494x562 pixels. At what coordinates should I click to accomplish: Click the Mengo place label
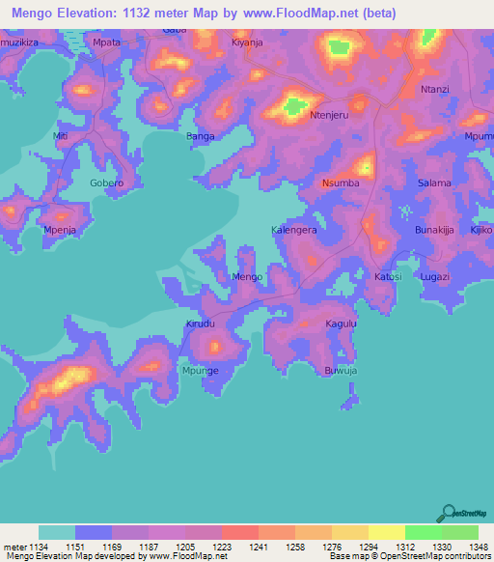pos(247,277)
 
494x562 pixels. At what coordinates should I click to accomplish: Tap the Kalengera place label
pos(293,231)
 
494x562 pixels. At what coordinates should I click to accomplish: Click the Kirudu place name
pos(202,324)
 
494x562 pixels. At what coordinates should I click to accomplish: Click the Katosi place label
pos(388,277)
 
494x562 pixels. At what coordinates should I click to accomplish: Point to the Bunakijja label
pos(434,231)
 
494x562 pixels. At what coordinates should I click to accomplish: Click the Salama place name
pos(434,183)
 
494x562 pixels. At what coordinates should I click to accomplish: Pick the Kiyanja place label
pos(247,43)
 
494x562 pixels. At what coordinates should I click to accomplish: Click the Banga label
pos(200,137)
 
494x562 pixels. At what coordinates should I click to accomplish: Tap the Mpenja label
pos(60,231)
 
